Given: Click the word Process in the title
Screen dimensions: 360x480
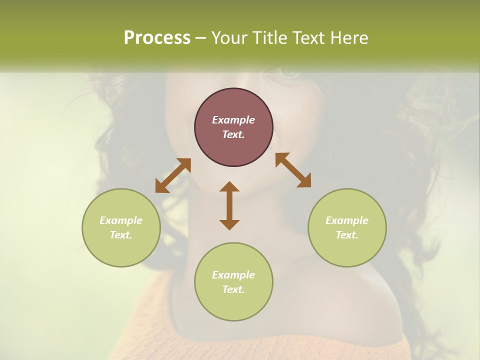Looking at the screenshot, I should point(157,38).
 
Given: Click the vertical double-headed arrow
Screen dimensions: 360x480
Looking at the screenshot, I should point(229,206).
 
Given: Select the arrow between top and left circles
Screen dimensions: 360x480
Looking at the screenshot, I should point(173,175).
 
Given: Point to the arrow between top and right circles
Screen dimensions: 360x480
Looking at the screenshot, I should point(293,170).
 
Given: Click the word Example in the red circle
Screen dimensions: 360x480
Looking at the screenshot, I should point(233,120).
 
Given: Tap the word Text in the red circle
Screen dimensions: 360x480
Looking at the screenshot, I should point(233,134).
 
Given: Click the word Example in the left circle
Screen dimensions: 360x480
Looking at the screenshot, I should point(121,220).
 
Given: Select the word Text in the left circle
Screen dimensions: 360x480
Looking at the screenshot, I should point(121,235).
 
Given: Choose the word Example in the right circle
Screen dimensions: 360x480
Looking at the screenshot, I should point(347,220).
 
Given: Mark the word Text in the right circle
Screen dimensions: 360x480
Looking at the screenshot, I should point(347,235).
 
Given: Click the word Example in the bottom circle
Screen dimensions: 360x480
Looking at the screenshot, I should point(233,275).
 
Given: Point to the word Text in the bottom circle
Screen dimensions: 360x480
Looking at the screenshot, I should point(233,289).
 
